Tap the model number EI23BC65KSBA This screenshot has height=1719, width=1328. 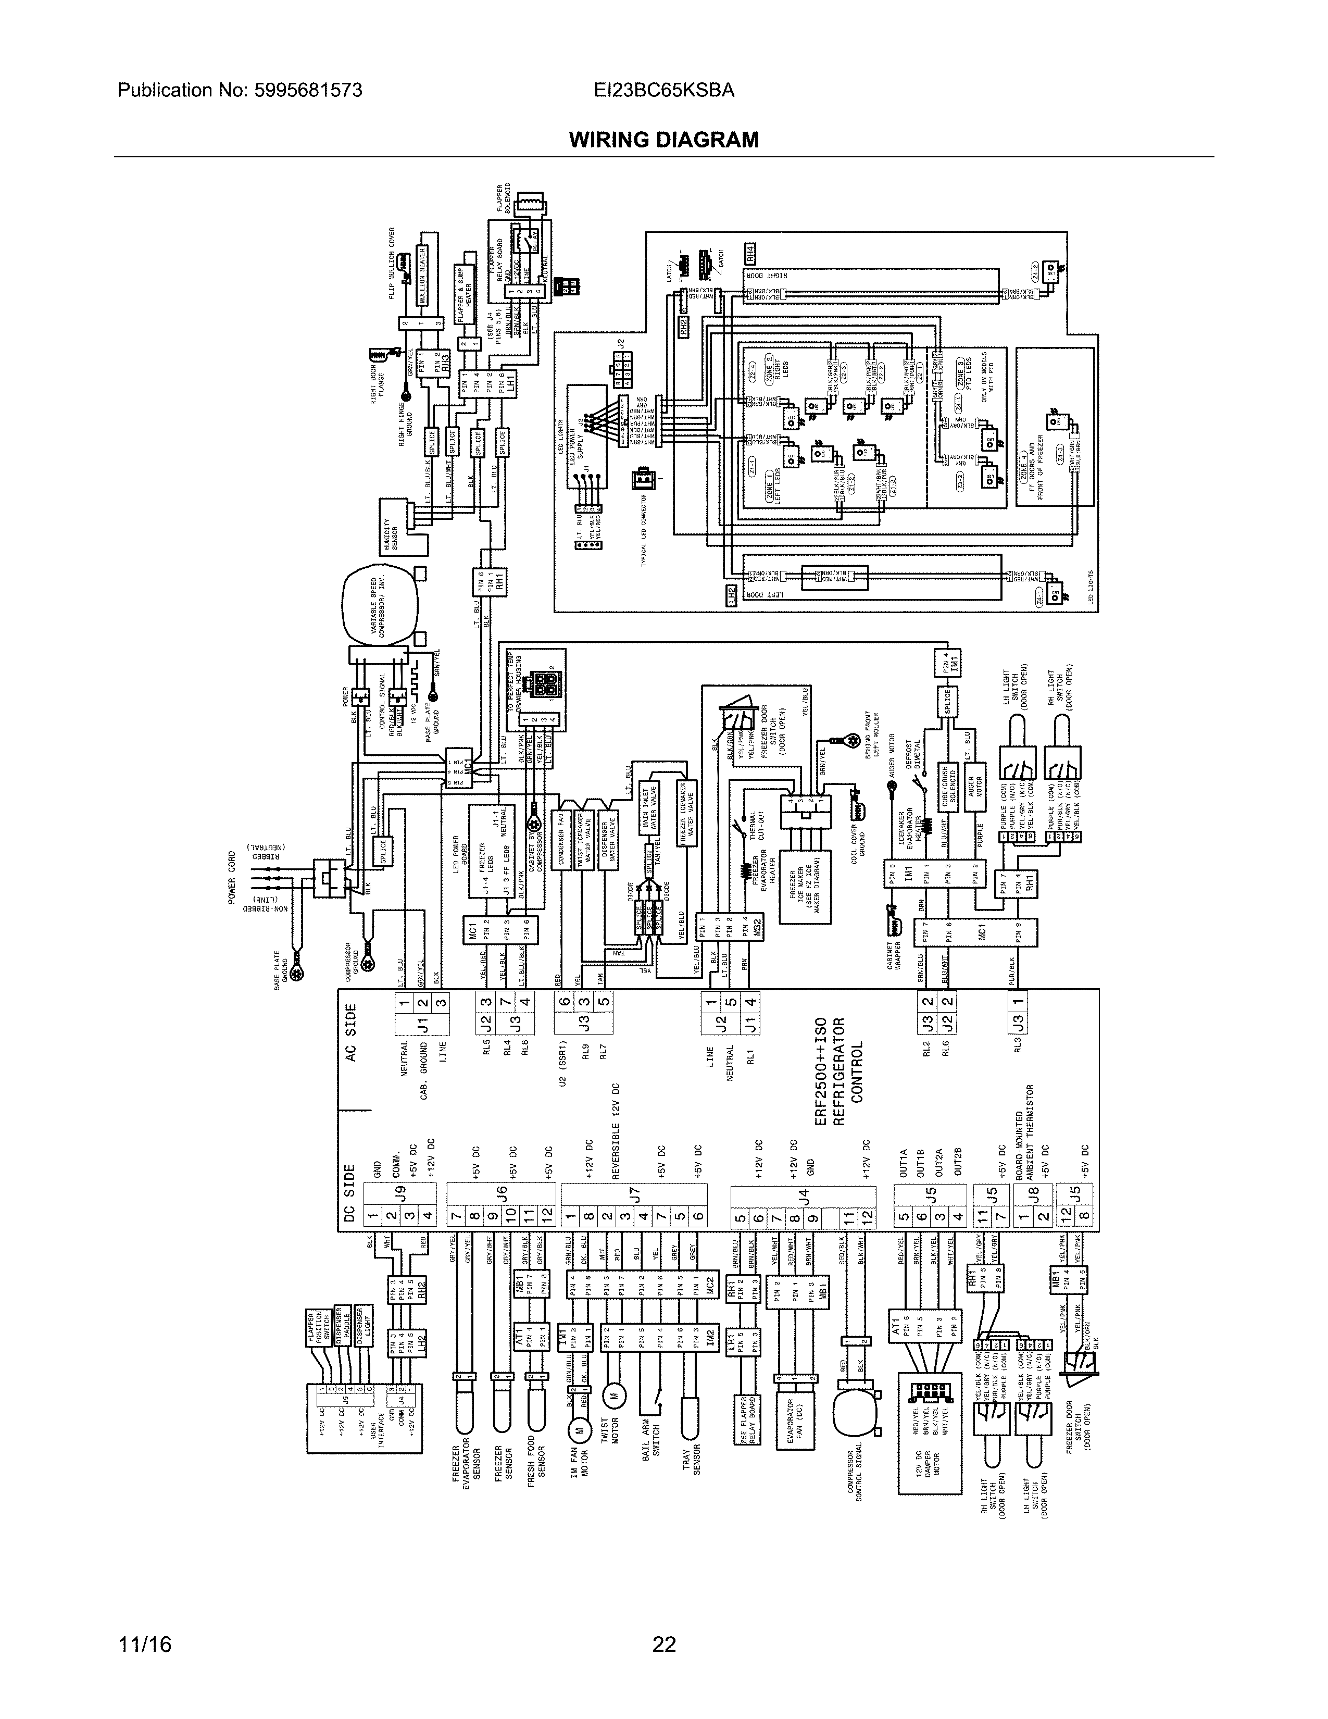tap(665, 91)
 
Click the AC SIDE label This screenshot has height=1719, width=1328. tap(351, 1032)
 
